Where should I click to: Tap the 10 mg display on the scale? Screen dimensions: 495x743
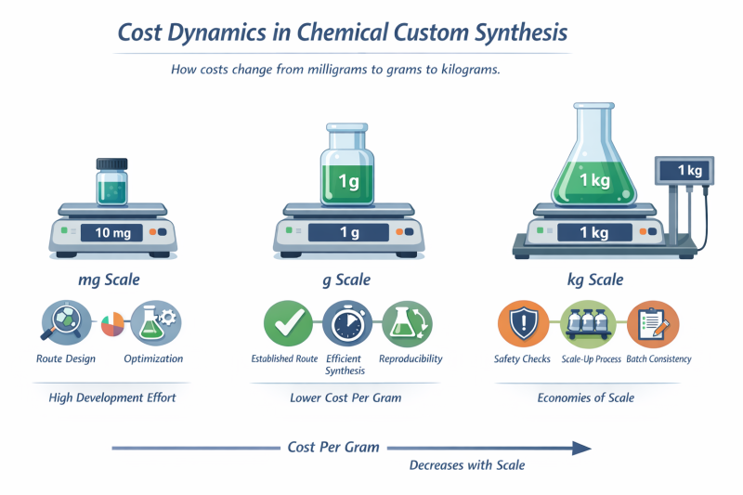pyautogui.click(x=112, y=232)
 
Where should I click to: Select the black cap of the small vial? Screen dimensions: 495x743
pyautogui.click(x=112, y=164)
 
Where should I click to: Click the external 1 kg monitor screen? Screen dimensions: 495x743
pyautogui.click(x=689, y=171)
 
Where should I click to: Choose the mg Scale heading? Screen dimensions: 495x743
pyautogui.click(x=112, y=280)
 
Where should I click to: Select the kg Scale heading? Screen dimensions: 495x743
pyautogui.click(x=594, y=280)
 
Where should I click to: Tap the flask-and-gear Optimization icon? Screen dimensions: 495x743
pyautogui.click(x=154, y=323)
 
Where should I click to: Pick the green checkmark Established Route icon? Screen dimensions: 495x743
pyautogui.click(x=284, y=323)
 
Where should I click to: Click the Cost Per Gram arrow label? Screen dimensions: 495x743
pyautogui.click(x=333, y=448)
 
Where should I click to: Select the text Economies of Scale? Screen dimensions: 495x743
pyautogui.click(x=586, y=397)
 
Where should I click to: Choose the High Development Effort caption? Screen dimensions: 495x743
pyautogui.click(x=111, y=397)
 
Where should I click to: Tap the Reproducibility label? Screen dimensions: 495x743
pyautogui.click(x=411, y=358)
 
